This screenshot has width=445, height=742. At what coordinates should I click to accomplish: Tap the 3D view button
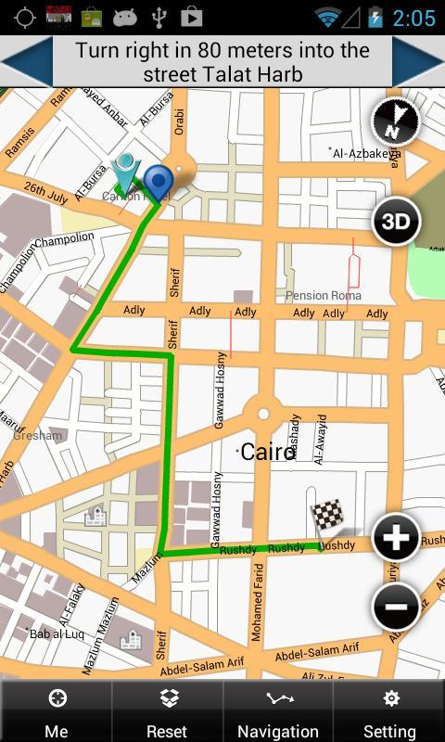point(396,221)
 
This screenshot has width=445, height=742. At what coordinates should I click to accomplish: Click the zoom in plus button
point(396,537)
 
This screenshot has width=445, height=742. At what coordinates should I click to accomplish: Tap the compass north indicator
point(395,122)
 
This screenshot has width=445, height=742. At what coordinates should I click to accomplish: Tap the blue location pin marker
point(160,181)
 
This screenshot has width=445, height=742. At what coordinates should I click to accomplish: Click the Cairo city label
point(268,452)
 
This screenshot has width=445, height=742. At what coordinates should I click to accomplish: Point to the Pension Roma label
point(323,295)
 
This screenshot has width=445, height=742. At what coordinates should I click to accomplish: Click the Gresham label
point(39,435)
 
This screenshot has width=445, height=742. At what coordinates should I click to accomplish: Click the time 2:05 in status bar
point(413,18)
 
